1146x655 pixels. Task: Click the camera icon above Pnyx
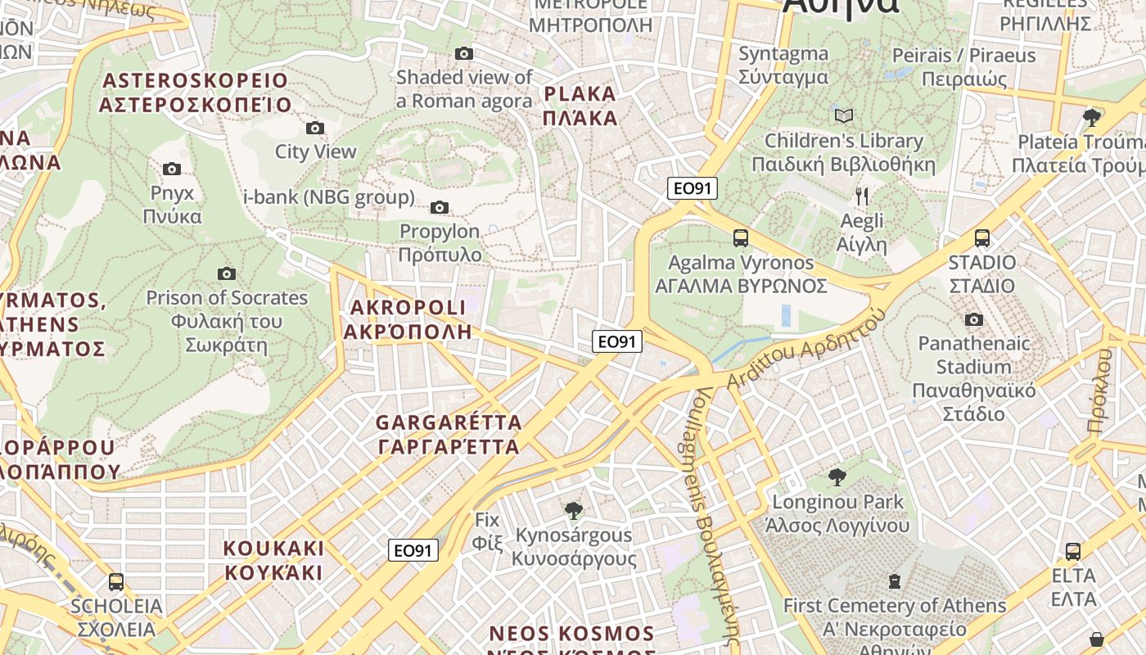[x=172, y=169]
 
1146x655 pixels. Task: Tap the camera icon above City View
[x=315, y=128]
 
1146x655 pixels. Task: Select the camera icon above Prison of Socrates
[x=227, y=273]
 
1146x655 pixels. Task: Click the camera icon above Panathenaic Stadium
[x=974, y=319]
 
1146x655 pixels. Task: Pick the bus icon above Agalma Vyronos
[x=741, y=238]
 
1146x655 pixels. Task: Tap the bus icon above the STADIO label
[x=982, y=238]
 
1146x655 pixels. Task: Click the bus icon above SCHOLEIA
[x=116, y=582]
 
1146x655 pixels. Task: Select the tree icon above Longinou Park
[x=837, y=477]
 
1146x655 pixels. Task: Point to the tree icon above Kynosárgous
[x=574, y=511]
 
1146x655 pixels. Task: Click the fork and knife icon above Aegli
[x=861, y=196]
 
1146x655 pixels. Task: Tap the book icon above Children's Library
[x=844, y=116]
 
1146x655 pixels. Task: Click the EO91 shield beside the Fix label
[x=413, y=551]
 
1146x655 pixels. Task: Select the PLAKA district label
[x=580, y=106]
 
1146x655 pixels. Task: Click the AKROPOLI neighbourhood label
[x=408, y=319]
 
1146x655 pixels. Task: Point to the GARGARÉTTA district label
[x=449, y=435]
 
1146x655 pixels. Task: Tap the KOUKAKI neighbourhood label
[x=274, y=560]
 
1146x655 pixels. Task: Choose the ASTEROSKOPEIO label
[x=195, y=93]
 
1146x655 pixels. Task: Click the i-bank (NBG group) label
[x=329, y=197]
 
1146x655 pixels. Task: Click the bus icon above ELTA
[x=1072, y=552]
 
